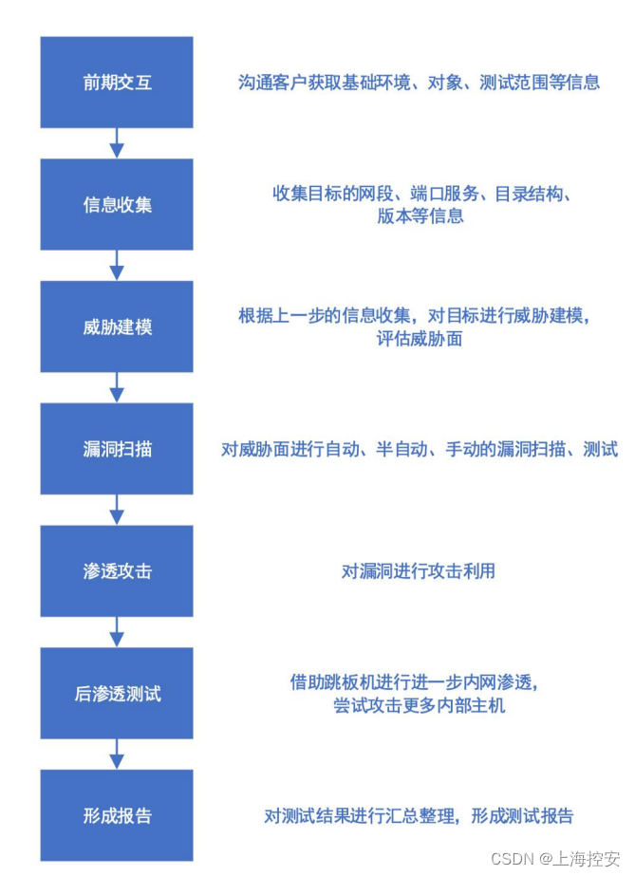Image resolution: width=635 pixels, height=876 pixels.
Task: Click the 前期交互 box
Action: tap(117, 83)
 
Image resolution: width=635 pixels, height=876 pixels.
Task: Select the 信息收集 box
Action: tap(117, 205)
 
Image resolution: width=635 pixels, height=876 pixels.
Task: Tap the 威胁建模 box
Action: tap(117, 327)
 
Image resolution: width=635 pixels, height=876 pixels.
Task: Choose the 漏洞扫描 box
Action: tap(117, 450)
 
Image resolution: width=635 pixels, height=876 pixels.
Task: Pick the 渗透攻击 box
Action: tap(117, 571)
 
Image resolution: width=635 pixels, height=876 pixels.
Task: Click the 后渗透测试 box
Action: tap(117, 694)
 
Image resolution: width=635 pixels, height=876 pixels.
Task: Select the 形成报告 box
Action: tap(117, 816)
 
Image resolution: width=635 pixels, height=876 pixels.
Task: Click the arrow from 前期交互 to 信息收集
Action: tap(117, 143)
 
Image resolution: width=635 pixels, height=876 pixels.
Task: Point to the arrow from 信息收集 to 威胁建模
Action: tap(117, 266)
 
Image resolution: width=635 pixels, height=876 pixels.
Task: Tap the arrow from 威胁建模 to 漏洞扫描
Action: tap(117, 388)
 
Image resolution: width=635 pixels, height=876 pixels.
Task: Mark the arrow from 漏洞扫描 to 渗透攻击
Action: tap(117, 511)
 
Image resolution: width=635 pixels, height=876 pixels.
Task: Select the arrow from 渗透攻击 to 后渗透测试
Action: tap(117, 633)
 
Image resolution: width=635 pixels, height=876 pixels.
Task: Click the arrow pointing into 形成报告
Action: tap(117, 755)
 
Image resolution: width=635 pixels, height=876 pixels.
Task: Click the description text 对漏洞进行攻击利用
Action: tap(419, 571)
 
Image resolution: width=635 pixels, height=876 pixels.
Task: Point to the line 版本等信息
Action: tap(420, 215)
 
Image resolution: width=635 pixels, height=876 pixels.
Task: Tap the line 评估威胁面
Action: tap(420, 338)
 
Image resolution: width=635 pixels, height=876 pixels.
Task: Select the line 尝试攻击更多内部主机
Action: tap(420, 705)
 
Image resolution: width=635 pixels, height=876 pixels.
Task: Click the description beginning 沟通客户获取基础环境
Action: tap(419, 83)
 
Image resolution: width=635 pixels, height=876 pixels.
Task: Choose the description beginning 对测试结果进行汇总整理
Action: tap(419, 816)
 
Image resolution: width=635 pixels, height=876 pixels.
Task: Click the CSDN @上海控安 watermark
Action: tap(555, 859)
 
